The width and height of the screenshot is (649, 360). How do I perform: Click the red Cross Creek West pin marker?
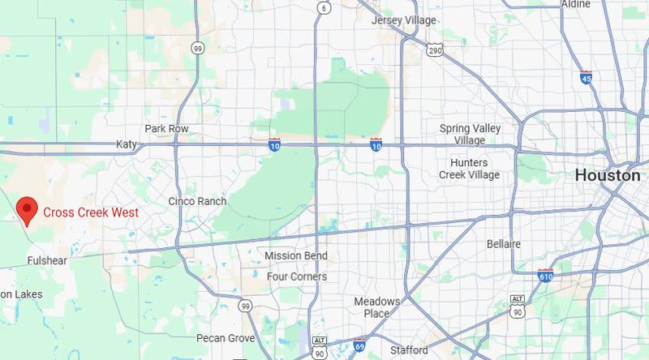pyautogui.click(x=27, y=209)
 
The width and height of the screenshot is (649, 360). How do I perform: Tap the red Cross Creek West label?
pyautogui.click(x=90, y=212)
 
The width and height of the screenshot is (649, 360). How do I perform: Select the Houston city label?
pyautogui.click(x=608, y=175)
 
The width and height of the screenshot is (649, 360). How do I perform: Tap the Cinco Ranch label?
pyautogui.click(x=196, y=200)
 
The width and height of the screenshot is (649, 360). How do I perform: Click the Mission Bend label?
pyautogui.click(x=296, y=256)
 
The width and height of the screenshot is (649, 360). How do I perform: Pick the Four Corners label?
pyautogui.click(x=297, y=276)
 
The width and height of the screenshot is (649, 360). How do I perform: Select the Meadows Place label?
pyautogui.click(x=379, y=307)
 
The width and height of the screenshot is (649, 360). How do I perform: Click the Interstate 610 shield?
pyautogui.click(x=545, y=277)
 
